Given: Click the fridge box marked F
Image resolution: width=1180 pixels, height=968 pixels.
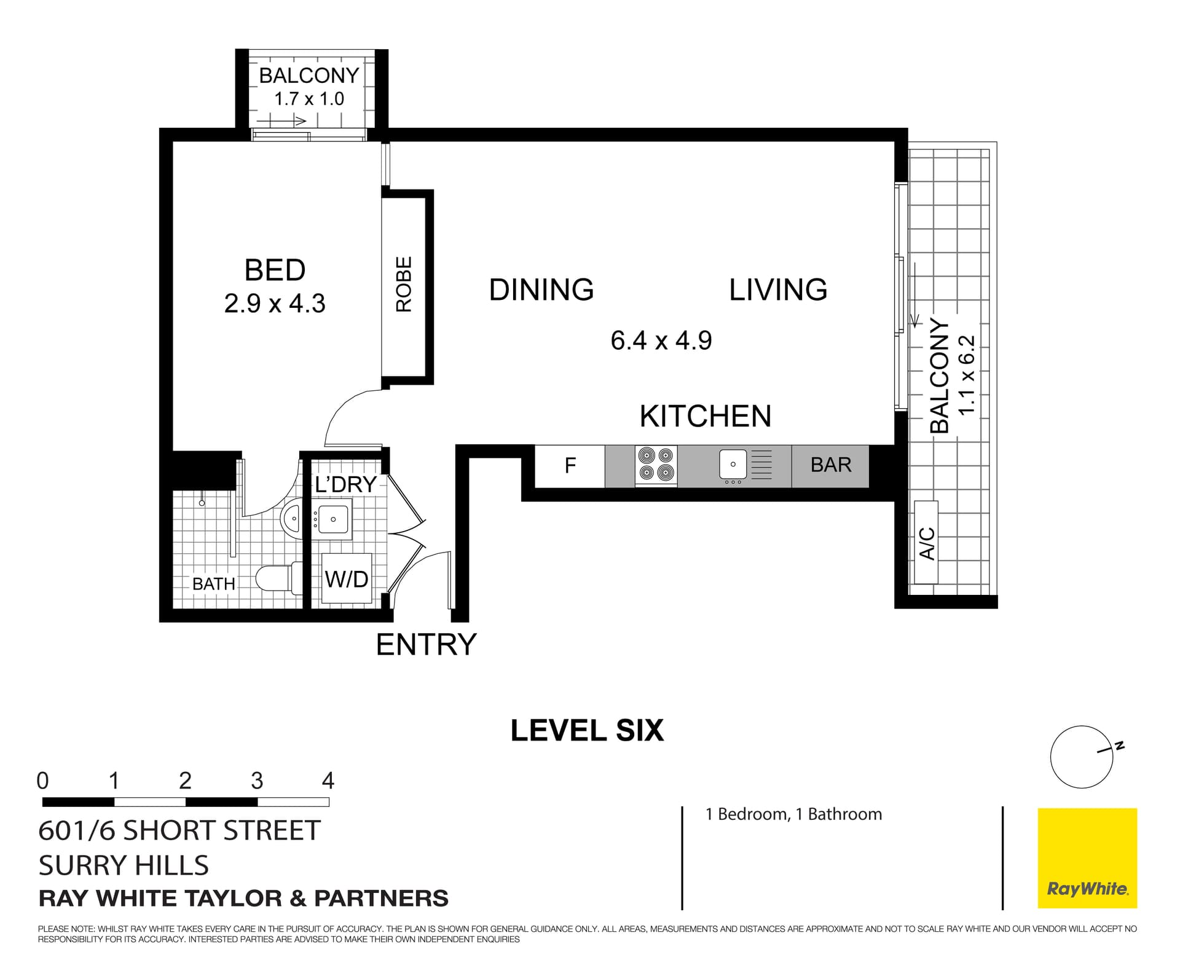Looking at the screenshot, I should pyautogui.click(x=570, y=465).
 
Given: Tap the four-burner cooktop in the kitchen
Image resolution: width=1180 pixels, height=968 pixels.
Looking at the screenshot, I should pyautogui.click(x=656, y=465).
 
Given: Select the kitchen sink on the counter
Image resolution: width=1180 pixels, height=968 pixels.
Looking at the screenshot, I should pyautogui.click(x=733, y=465).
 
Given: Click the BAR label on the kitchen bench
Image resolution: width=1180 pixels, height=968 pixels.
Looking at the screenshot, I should pyautogui.click(x=830, y=465).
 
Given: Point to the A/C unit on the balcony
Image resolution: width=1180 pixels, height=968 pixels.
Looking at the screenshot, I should pyautogui.click(x=926, y=542).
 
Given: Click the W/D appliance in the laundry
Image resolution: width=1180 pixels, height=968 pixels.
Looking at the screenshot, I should pyautogui.click(x=347, y=578).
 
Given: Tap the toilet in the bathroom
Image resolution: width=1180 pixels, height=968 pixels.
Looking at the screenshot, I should pyautogui.click(x=277, y=578).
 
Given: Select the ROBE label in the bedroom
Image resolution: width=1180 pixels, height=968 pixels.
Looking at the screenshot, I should pyautogui.click(x=404, y=285).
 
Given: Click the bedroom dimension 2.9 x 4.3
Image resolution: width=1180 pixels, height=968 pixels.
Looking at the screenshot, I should pyautogui.click(x=275, y=304).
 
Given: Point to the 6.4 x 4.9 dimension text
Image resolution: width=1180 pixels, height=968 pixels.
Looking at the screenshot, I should pyautogui.click(x=661, y=340).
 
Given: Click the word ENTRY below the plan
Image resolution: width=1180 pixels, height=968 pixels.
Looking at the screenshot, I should pyautogui.click(x=426, y=645).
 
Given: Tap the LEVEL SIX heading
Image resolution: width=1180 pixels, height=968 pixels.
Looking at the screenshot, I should pyautogui.click(x=587, y=731).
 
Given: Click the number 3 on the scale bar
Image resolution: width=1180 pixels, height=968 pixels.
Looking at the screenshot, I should pyautogui.click(x=257, y=781).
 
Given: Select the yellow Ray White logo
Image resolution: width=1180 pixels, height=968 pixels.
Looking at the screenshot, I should pyautogui.click(x=1087, y=858).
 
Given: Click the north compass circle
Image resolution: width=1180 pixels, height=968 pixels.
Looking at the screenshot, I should pyautogui.click(x=1081, y=757).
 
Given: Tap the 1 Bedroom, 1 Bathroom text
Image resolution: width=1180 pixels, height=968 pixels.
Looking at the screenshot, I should pyautogui.click(x=793, y=814).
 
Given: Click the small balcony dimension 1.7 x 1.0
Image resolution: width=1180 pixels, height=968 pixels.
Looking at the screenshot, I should pyautogui.click(x=309, y=99).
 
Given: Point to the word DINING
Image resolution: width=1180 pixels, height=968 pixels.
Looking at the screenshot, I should pyautogui.click(x=541, y=290).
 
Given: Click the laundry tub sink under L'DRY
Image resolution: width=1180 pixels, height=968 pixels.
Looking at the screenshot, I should pyautogui.click(x=332, y=519).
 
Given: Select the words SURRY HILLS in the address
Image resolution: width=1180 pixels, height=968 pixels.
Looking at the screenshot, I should pyautogui.click(x=124, y=865).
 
